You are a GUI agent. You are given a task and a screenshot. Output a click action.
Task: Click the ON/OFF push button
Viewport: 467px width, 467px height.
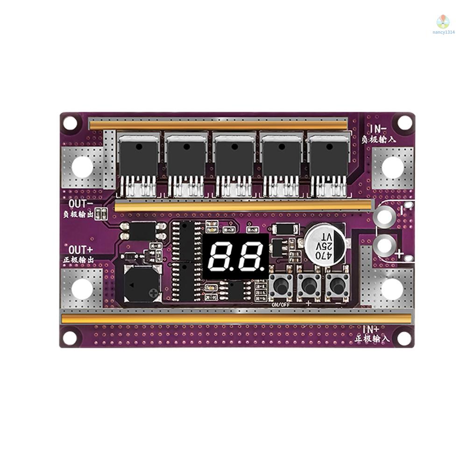(x=280, y=286)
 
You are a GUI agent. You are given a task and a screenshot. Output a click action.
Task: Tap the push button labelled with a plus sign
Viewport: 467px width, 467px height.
(x=309, y=286)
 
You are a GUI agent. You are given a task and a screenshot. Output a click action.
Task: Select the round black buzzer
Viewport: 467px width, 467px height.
(x=141, y=284)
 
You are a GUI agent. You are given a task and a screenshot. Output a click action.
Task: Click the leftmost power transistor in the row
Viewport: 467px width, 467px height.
(x=139, y=159)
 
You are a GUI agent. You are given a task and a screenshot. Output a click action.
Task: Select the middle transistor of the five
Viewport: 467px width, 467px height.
(x=233, y=159)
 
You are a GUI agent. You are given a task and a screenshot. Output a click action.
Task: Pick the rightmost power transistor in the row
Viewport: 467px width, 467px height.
(x=328, y=159)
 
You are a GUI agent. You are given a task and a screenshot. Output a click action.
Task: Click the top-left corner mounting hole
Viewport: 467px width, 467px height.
(x=70, y=123)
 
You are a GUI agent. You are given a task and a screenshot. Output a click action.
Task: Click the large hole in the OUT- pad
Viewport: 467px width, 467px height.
(x=82, y=167)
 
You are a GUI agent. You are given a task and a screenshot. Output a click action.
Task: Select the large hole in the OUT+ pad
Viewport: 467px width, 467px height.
(x=82, y=289)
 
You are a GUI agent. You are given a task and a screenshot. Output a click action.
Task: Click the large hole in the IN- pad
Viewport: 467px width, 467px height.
(x=392, y=167)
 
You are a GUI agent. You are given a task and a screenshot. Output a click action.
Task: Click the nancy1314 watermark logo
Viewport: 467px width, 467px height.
(x=442, y=22)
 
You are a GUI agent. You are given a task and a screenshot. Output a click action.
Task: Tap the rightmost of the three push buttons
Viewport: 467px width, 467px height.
(x=337, y=286)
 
